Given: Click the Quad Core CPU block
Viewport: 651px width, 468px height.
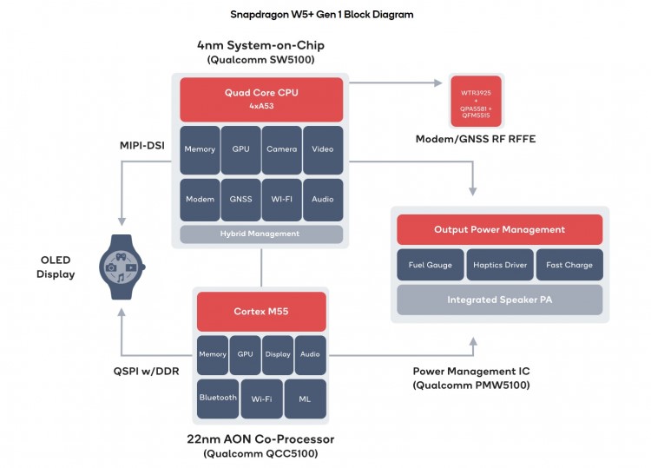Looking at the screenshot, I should click(261, 99).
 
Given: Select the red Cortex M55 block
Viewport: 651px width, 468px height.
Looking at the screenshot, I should click(261, 311).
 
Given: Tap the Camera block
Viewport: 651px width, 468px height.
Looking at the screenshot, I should click(282, 149).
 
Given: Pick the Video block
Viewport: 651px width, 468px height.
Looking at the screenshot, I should click(323, 149).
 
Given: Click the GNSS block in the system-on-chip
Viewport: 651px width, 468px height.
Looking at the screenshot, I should click(241, 199).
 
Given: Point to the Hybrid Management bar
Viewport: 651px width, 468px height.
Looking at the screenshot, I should click(261, 234).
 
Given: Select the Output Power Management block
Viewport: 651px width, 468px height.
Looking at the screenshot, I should click(499, 229).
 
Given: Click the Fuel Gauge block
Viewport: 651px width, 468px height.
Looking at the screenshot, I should click(431, 265).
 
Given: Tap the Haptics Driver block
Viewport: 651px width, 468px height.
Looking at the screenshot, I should click(499, 265).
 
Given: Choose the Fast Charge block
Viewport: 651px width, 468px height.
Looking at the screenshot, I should click(569, 265).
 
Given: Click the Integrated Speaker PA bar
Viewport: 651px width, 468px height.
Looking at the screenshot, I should click(499, 300).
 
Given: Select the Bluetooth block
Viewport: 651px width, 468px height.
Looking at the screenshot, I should click(218, 398).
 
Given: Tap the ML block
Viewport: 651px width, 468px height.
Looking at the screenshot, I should click(305, 399).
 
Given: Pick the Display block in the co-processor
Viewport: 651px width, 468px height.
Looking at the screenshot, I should click(278, 354).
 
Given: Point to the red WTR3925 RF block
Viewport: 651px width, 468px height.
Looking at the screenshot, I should click(477, 101).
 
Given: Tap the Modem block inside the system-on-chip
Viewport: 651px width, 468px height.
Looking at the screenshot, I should click(200, 199).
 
